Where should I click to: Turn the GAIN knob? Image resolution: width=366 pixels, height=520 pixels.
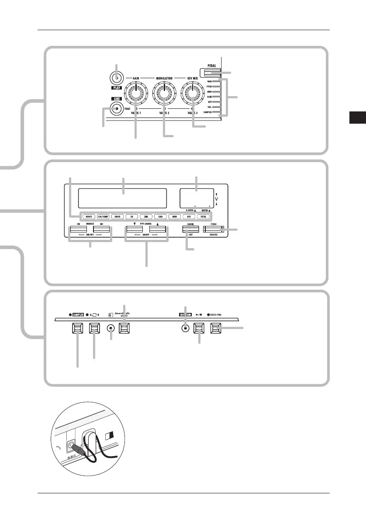(x=136, y=93)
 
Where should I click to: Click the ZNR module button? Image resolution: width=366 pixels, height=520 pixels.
(x=146, y=216)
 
